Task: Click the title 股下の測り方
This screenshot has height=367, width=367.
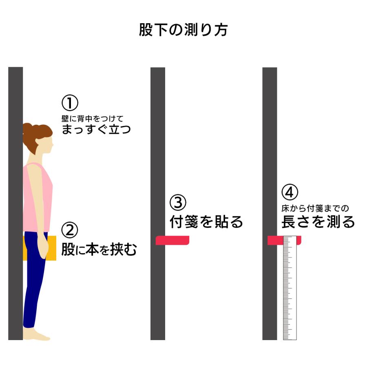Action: [x=183, y=31]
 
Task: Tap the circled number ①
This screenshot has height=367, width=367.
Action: [x=70, y=102]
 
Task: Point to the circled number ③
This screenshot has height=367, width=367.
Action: [x=178, y=203]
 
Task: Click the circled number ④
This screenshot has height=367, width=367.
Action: [x=290, y=192]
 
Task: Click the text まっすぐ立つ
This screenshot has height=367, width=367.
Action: [x=96, y=130]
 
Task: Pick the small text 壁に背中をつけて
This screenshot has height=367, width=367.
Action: [x=92, y=118]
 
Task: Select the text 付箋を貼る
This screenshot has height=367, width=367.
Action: [x=206, y=222]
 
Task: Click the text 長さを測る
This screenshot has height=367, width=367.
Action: [x=318, y=222]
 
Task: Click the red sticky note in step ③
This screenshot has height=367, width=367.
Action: [x=172, y=241]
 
